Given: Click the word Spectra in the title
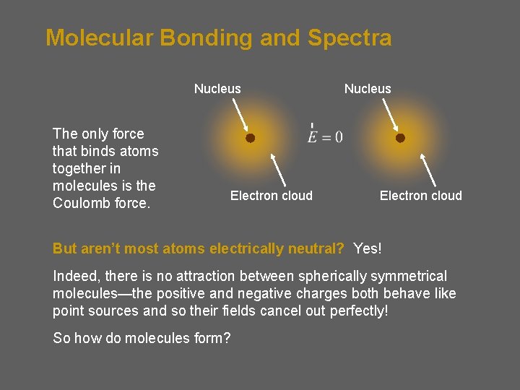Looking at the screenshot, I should [350, 38].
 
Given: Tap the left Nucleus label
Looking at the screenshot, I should [217, 89].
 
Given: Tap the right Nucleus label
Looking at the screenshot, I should [368, 89].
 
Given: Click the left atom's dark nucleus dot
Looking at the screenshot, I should [249, 137].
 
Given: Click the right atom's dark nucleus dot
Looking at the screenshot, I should [400, 137].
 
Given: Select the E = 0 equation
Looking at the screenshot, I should [325, 136].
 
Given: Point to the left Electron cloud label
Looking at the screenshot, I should [271, 196].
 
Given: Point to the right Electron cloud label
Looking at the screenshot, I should [421, 196].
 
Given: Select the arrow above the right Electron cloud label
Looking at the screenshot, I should [428, 170].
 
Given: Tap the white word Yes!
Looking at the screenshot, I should [368, 248].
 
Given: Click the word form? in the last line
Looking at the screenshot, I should [210, 338].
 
